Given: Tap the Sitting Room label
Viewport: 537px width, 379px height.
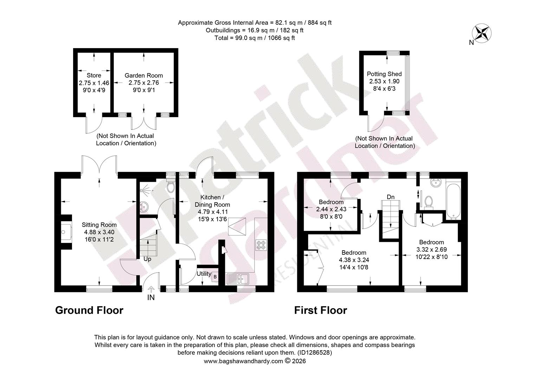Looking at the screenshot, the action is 99,225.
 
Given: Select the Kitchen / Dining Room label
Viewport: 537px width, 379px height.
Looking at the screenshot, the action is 212,201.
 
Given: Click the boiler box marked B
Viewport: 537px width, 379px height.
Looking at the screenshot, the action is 215,277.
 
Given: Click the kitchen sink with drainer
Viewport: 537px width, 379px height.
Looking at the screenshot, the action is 238,279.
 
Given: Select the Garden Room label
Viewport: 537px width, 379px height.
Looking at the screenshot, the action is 144,75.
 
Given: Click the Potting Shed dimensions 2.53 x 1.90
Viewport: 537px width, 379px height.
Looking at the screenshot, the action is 384,81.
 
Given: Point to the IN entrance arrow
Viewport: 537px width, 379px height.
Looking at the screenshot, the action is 151,290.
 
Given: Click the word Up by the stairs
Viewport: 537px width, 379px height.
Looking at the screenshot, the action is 147,259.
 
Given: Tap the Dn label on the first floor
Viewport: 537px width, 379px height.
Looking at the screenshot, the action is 390,197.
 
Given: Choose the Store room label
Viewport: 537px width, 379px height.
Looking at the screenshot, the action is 94,75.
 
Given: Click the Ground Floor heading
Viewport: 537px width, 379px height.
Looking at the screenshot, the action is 89,310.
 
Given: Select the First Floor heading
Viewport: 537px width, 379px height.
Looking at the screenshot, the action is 321,310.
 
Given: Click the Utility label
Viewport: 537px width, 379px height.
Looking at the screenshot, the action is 204,274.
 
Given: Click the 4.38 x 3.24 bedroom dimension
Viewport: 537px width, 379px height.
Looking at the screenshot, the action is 354,260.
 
